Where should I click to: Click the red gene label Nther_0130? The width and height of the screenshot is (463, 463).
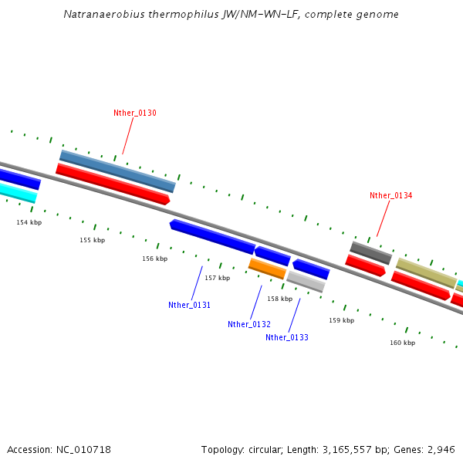[135, 113]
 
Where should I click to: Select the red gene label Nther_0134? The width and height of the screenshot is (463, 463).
[390, 195]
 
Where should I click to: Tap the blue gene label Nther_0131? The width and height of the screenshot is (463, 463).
[189, 305]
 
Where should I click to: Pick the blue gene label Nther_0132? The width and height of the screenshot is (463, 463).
[248, 324]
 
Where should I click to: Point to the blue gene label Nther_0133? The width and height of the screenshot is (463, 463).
[287, 337]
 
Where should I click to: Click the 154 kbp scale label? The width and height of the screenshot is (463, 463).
[29, 222]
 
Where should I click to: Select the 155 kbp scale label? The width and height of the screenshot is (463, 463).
[92, 240]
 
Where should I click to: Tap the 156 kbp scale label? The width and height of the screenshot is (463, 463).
[154, 259]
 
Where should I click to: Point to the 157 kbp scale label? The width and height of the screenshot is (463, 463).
[217, 278]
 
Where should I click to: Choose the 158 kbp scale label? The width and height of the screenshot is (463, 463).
[279, 299]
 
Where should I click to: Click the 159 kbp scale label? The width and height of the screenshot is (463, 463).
[341, 319]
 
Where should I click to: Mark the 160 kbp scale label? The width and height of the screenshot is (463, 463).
[402, 343]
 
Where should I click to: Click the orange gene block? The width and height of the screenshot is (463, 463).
[267, 268]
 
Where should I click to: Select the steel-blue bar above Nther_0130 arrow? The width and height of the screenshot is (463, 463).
[117, 171]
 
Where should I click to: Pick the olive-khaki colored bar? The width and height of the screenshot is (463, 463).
[426, 273]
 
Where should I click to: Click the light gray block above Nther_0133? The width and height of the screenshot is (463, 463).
[306, 281]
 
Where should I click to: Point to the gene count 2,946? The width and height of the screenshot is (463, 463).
[441, 449]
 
